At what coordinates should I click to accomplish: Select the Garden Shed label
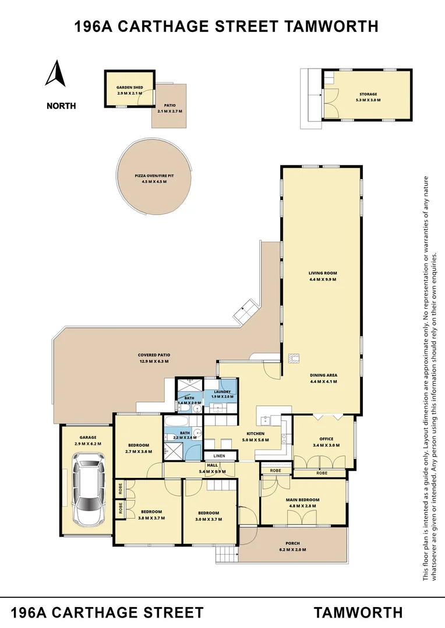tap(129, 88)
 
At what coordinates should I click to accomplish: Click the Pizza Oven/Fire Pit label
tap(154, 176)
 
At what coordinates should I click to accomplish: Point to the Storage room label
tap(368, 94)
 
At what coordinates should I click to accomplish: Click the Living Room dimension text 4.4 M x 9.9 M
tap(323, 280)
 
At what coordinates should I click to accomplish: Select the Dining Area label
tap(323, 375)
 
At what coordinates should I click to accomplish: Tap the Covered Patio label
tap(154, 355)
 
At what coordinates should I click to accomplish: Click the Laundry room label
tap(222, 392)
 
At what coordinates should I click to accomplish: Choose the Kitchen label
tap(255, 434)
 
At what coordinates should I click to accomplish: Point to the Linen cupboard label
tap(219, 456)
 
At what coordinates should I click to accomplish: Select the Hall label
tap(211, 465)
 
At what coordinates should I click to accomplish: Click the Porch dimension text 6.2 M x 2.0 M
tap(292, 549)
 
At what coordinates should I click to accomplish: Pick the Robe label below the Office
tap(322, 473)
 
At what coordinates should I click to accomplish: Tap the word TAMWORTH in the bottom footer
tap(358, 612)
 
